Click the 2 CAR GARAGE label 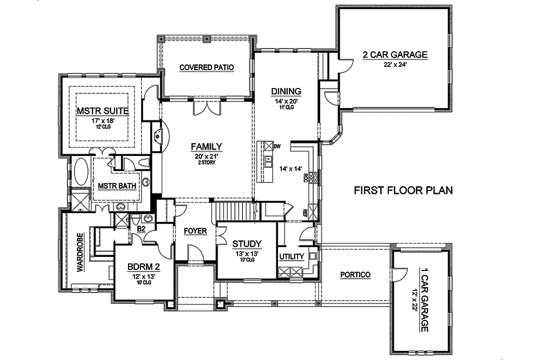395,55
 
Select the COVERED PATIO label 206,67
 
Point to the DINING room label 286,91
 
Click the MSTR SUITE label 102,111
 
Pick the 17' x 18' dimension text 102,120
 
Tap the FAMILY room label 207,146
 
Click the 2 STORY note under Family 207,162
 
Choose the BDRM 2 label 143,267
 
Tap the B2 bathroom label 141,229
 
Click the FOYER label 195,231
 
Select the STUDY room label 246,243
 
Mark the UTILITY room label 292,257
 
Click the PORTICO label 355,275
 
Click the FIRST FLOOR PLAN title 402,191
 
